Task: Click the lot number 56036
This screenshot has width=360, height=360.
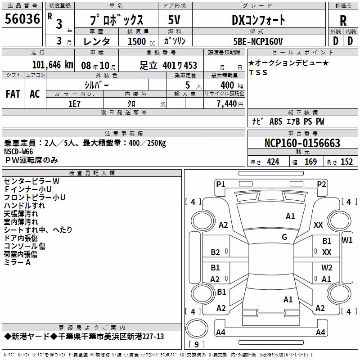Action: coord(22,19)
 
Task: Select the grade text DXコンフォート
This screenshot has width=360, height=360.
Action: coord(258,20)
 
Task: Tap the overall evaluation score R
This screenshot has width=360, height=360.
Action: coord(343,21)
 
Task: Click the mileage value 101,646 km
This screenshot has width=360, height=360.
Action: coord(53,65)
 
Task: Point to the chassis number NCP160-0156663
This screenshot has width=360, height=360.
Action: coord(302,143)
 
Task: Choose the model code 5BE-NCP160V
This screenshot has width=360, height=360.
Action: coord(258,41)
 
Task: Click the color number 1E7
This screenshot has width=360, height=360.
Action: coord(74,104)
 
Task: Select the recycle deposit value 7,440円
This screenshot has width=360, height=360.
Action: coord(230,104)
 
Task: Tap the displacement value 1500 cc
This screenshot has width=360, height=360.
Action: coord(141,41)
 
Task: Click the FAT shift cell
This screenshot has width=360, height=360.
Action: coord(13,94)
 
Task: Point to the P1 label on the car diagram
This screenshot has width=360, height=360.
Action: coord(220,184)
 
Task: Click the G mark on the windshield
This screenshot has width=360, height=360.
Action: coord(284,237)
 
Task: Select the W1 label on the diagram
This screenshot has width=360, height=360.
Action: coord(346,240)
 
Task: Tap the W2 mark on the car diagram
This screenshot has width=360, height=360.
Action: coord(327,267)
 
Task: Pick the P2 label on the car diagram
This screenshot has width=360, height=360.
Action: coord(321,184)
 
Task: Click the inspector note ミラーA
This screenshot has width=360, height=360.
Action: coord(17,262)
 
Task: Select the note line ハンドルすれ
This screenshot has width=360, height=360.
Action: coord(24,205)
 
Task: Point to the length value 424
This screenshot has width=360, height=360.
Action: coord(273,162)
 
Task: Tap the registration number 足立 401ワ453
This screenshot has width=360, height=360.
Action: coord(168,65)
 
